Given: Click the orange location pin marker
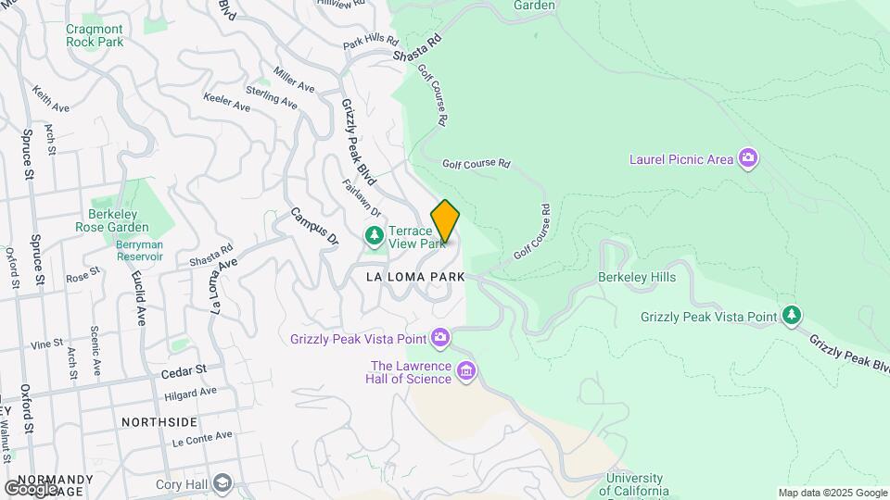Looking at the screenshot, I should click(x=445, y=221).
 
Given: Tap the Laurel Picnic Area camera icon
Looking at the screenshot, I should click(x=748, y=158).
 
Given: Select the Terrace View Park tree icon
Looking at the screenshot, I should click(x=374, y=236).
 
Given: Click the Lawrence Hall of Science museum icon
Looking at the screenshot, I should click(x=465, y=372).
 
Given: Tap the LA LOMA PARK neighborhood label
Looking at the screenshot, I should click(x=415, y=276).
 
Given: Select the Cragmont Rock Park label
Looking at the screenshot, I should click(x=94, y=35).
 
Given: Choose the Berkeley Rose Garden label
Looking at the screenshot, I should click(x=119, y=220).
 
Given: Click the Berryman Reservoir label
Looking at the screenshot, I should click(x=140, y=250).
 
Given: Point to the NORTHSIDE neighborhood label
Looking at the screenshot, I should click(x=159, y=421).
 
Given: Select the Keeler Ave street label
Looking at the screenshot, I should click(x=227, y=102).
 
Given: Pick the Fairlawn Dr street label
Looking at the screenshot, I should click(x=353, y=198).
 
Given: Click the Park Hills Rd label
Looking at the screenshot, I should click(x=370, y=42).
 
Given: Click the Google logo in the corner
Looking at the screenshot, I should click(x=31, y=489).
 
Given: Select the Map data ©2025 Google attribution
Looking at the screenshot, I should click(x=833, y=493).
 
